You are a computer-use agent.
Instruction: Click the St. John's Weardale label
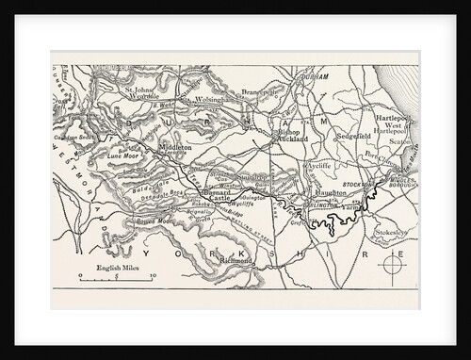[147, 96]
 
